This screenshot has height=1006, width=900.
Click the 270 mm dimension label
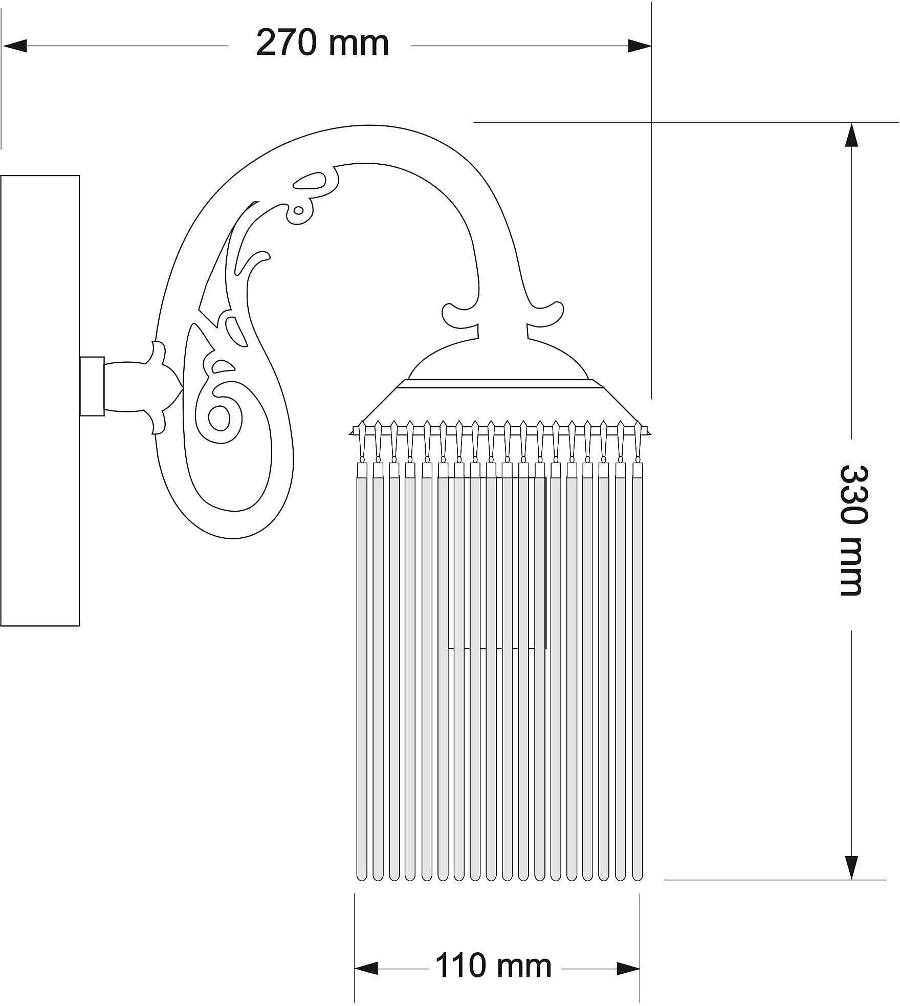322,43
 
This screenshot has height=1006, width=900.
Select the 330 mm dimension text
853,530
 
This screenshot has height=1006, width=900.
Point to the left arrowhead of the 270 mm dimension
14,46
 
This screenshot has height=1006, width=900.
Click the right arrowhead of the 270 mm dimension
640,46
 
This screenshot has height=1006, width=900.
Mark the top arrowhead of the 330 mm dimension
851,135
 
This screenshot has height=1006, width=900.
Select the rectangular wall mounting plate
40,401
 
